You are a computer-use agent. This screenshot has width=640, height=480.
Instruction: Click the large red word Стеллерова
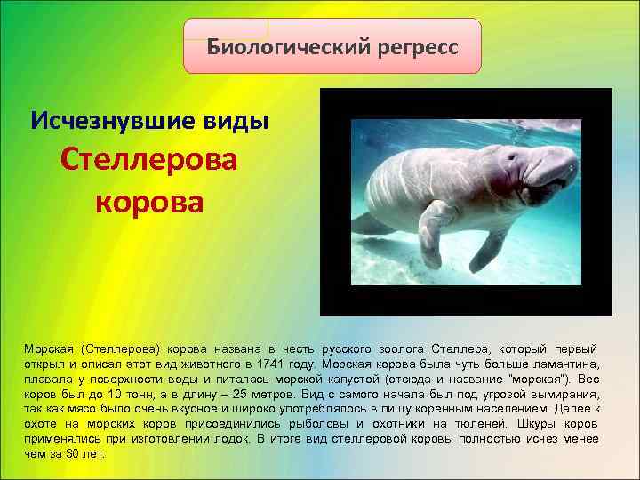[x=149, y=161]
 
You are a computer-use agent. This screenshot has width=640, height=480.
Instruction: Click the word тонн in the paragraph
[x=145, y=394]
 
